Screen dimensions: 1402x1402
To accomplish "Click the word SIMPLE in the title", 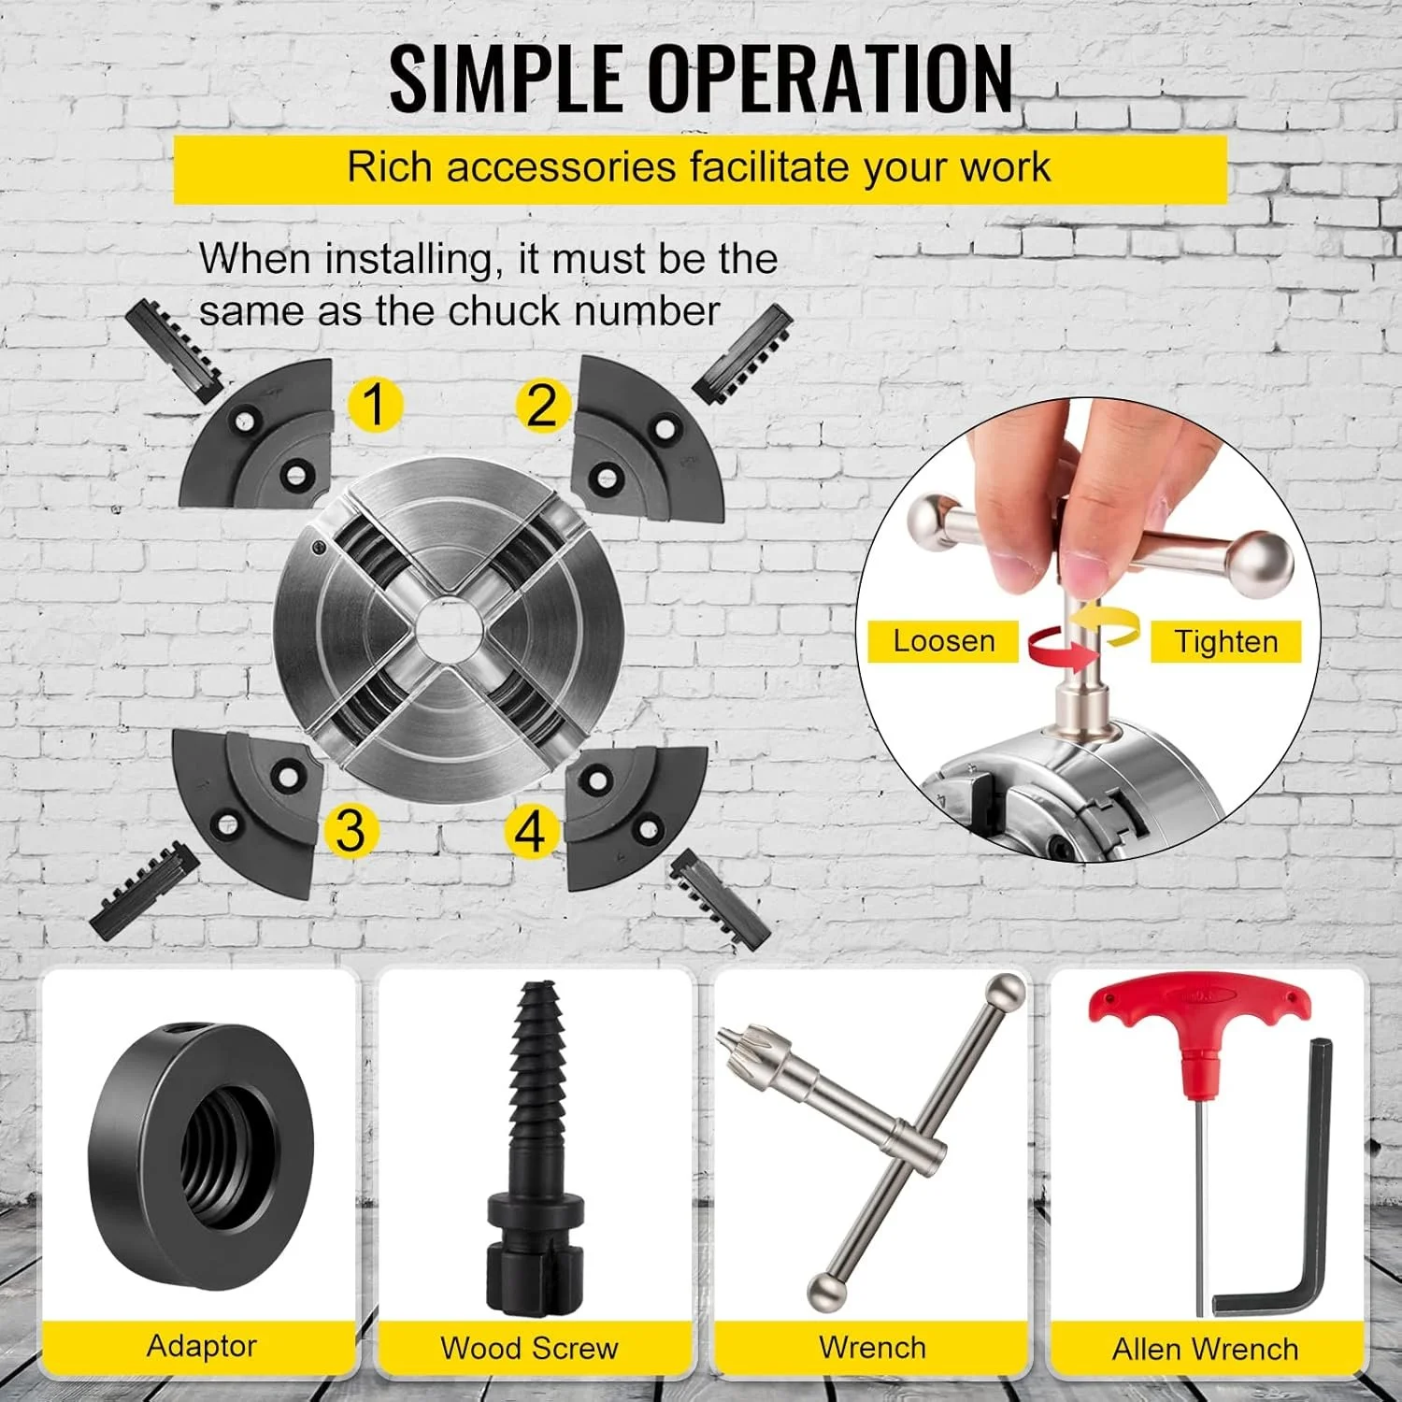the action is [506, 79].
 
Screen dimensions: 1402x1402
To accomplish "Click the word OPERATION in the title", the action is [831, 79].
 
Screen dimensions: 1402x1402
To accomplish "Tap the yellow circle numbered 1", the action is [376, 406].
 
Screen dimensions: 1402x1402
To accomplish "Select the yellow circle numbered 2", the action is [542, 407].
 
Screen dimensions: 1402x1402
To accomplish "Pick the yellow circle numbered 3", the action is [350, 830].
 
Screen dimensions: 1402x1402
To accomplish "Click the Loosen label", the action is [944, 641].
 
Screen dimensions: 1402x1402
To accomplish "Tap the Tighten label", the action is [1225, 642].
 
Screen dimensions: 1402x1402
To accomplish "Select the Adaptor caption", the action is [202, 1346].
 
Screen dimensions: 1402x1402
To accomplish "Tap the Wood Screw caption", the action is [529, 1348].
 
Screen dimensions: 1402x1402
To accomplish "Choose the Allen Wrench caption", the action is [1205, 1349].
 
